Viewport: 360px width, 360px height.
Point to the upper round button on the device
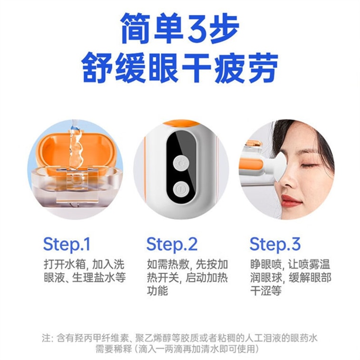pos(181,164)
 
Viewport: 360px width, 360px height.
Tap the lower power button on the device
pos(181,190)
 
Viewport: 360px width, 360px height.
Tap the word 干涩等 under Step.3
pos(266,291)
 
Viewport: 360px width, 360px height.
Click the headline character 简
pos(136,28)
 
